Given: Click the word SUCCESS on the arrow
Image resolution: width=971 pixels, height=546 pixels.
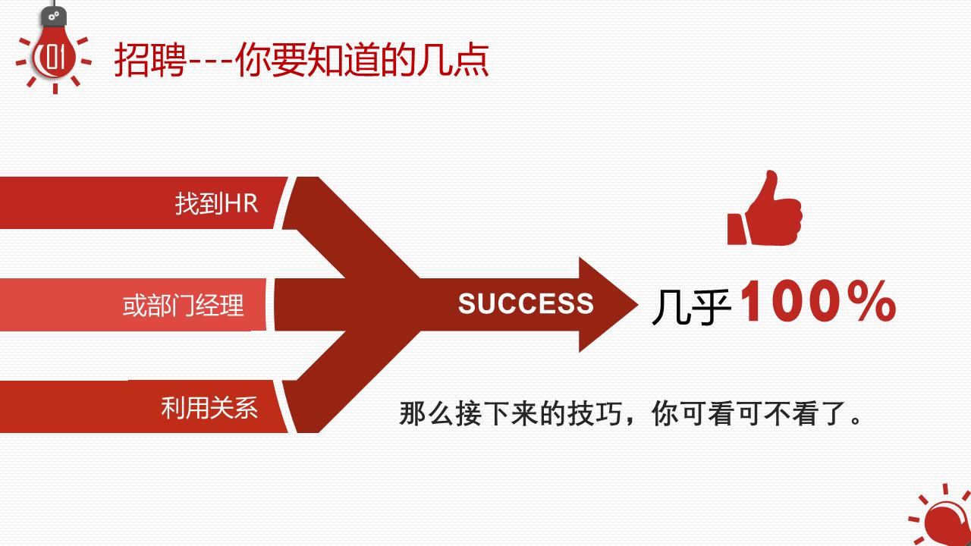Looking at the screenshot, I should click(x=526, y=304).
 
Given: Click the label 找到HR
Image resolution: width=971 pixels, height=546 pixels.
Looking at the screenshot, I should click(x=217, y=203).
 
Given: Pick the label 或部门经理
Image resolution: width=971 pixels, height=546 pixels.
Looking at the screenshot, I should click(x=184, y=306).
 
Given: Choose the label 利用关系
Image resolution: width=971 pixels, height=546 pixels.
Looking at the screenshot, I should click(x=209, y=408).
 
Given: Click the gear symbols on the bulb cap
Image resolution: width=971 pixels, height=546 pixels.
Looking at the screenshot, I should click(x=54, y=15).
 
